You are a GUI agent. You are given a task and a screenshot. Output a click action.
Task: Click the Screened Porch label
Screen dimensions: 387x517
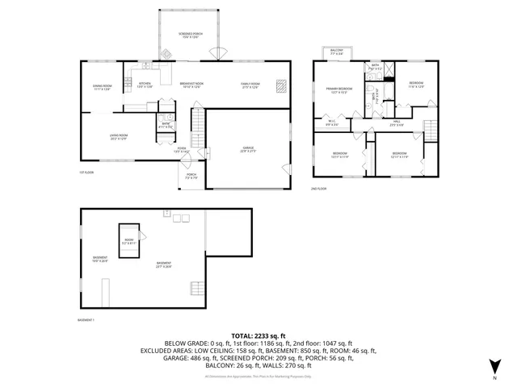pyautogui.click(x=190, y=35)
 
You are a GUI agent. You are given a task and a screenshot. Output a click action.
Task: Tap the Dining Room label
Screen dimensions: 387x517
pyautogui.click(x=102, y=88)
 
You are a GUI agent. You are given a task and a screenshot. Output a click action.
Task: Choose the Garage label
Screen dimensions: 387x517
pyautogui.click(x=247, y=150)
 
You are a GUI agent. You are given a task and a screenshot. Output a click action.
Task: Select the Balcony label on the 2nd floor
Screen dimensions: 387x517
pyautogui.click(x=337, y=53)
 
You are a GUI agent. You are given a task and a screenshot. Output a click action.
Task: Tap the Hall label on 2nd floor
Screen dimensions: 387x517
pyautogui.click(x=397, y=124)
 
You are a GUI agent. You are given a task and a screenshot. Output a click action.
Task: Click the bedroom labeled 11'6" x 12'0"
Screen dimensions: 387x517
pyautogui.click(x=416, y=85)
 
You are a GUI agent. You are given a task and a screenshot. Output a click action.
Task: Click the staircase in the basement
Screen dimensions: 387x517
pyautogui.click(x=195, y=287)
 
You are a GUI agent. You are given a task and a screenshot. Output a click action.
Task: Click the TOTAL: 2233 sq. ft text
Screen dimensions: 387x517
pyautogui.click(x=258, y=335)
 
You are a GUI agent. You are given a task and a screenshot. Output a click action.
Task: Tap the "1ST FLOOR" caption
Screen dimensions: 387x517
pyautogui.click(x=86, y=173)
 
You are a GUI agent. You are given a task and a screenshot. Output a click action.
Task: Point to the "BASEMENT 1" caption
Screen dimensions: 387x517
pyautogui.click(x=86, y=320)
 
